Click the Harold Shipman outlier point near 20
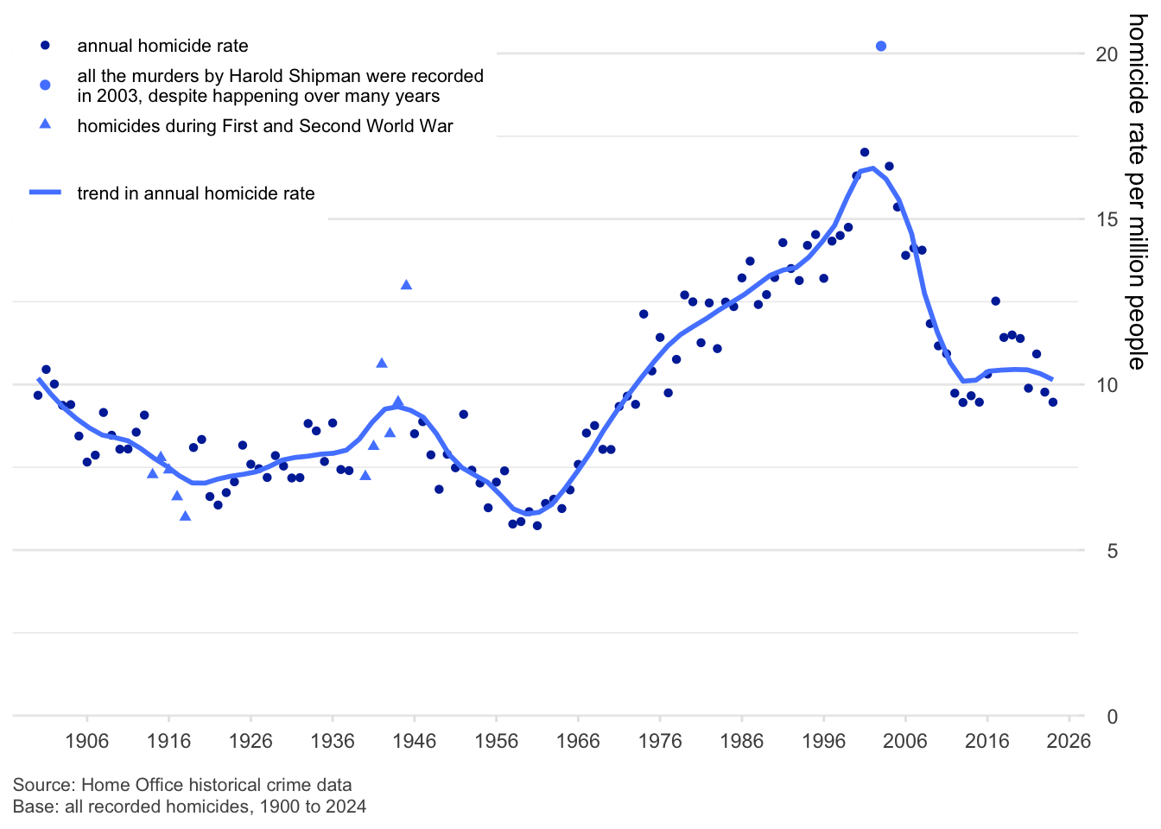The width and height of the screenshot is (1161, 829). [x=881, y=47]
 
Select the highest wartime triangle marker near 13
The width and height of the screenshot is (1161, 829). [x=406, y=285]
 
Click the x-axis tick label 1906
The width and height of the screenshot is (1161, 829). [x=87, y=741]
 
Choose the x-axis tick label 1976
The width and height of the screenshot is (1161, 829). [x=660, y=741]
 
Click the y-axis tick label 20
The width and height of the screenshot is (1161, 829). [x=1107, y=54]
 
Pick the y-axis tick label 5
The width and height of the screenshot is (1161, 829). [x=1113, y=551]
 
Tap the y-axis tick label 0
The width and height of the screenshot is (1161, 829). [x=1113, y=717]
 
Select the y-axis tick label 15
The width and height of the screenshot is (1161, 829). [x=1107, y=219]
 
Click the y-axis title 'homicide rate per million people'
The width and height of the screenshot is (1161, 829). [x=1137, y=192]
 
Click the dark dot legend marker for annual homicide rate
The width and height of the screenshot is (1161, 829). [x=45, y=45]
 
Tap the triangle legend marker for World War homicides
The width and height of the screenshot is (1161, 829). [x=45, y=124]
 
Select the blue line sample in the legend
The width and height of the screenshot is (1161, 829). [x=45, y=193]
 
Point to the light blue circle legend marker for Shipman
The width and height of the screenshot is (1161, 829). [x=45, y=85]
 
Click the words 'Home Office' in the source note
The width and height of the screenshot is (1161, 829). [x=130, y=785]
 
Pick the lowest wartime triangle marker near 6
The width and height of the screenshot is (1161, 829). [x=185, y=516]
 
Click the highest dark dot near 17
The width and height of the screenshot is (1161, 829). [x=865, y=152]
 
